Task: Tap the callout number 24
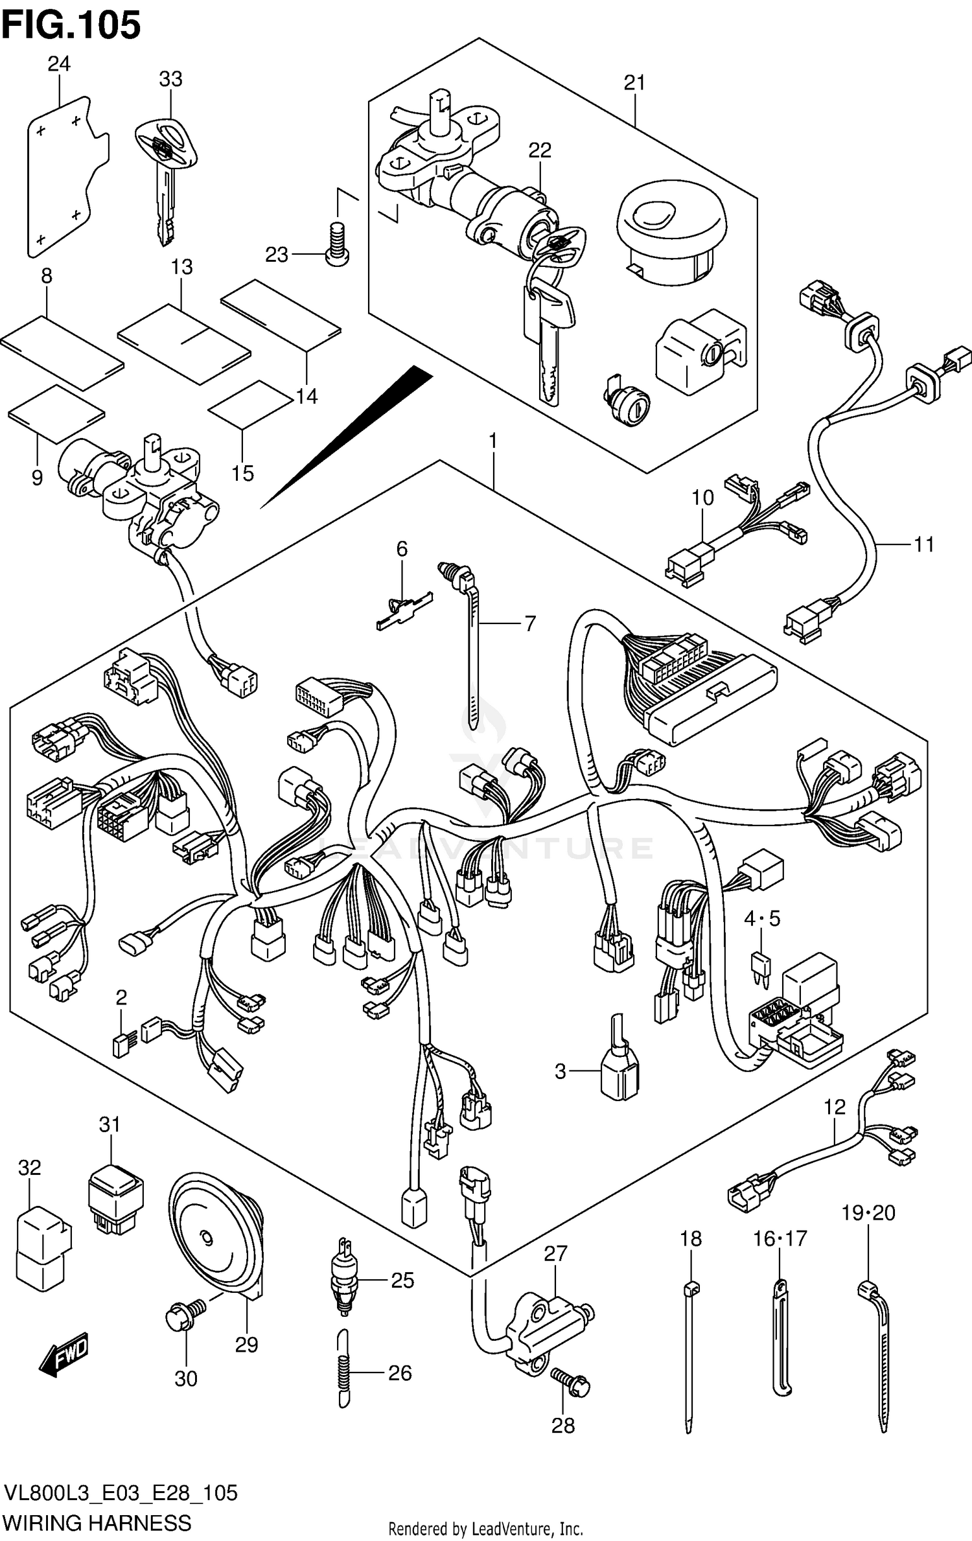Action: (58, 64)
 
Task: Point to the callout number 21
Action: (634, 82)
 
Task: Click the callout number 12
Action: (835, 1106)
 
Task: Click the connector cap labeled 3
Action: (619, 1074)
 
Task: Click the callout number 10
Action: (702, 498)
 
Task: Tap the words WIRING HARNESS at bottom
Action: (97, 1522)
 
